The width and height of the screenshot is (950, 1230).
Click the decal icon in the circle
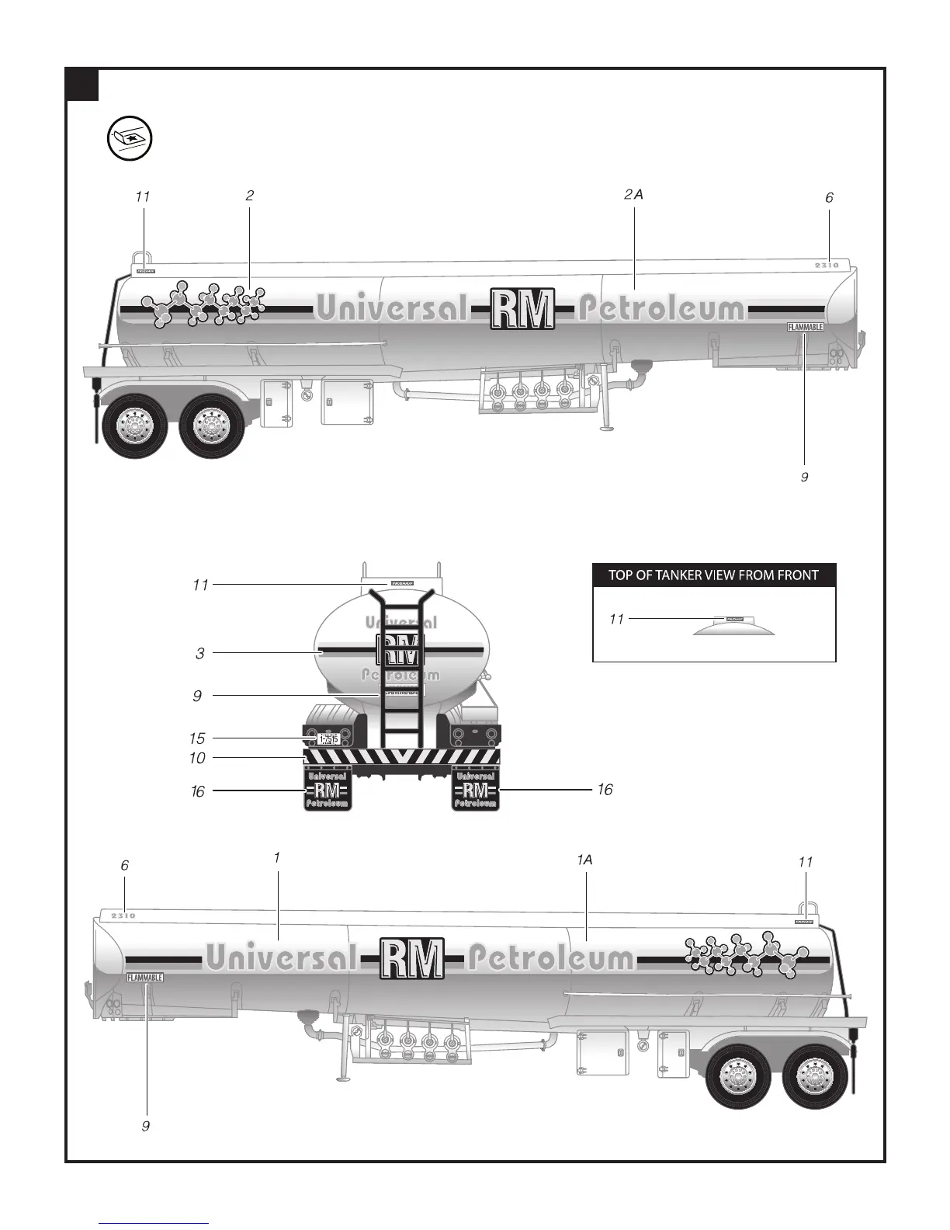pyautogui.click(x=129, y=140)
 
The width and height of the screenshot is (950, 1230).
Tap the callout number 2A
pyautogui.click(x=633, y=195)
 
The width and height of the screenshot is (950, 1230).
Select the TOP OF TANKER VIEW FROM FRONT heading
pyautogui.click(x=714, y=575)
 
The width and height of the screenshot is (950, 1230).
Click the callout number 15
pyautogui.click(x=197, y=738)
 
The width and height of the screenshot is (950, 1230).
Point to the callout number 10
pyautogui.click(x=197, y=758)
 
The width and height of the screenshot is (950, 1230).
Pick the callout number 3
pyautogui.click(x=200, y=653)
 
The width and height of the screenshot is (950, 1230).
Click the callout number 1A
pyautogui.click(x=584, y=860)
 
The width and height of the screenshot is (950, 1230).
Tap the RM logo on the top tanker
pyautogui.click(x=523, y=308)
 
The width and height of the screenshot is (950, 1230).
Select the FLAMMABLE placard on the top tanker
pyautogui.click(x=805, y=327)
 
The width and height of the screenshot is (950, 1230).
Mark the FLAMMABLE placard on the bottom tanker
pyautogui.click(x=145, y=978)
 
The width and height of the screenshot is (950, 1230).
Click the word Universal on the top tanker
pyautogui.click(x=392, y=308)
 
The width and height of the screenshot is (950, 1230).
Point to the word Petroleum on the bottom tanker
pyautogui.click(x=551, y=958)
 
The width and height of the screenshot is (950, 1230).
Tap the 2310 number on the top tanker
pyautogui.click(x=827, y=266)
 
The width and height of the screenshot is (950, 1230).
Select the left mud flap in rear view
pyautogui.click(x=328, y=789)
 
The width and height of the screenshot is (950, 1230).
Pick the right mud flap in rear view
pyautogui.click(x=475, y=789)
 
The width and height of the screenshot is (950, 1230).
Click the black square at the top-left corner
pyautogui.click(x=82, y=85)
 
